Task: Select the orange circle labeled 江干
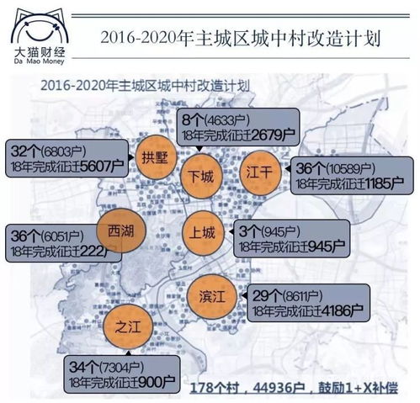click(x=259, y=169)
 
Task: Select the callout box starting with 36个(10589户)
click(x=348, y=172)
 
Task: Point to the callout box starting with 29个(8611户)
click(x=299, y=300)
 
